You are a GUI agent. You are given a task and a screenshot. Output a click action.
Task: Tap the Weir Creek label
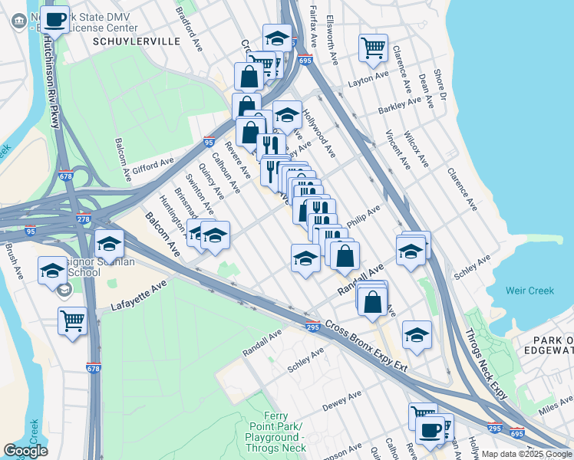click(529, 291)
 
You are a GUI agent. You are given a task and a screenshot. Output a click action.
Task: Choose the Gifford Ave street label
click(156, 165)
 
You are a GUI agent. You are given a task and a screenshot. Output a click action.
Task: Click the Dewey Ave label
click(341, 401)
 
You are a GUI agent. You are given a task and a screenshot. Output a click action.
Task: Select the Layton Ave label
click(368, 79)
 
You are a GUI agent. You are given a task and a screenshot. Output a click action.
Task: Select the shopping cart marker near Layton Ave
click(373, 48)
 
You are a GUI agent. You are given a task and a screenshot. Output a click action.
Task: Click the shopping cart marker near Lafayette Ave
click(72, 320)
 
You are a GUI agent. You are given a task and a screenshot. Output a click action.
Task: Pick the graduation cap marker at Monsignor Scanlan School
click(52, 271)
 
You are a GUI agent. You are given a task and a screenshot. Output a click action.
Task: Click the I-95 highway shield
click(209, 142)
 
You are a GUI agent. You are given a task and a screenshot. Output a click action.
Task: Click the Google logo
click(25, 451)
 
